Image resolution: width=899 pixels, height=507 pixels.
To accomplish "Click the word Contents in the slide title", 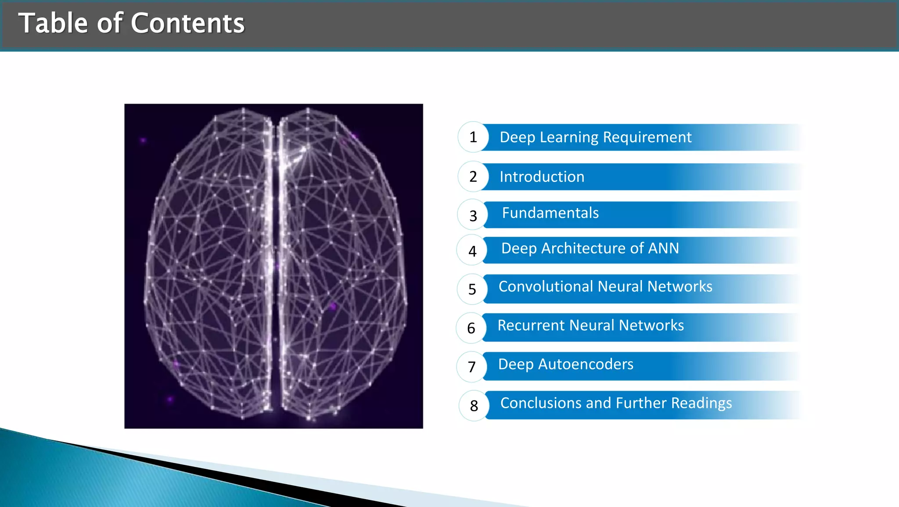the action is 187,23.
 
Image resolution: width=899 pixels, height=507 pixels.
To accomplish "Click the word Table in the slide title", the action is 53,23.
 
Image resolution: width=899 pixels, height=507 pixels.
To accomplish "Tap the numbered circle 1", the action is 473,137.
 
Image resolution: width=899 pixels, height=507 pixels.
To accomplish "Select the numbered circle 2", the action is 473,176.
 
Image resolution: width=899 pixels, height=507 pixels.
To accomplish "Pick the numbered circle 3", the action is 473,215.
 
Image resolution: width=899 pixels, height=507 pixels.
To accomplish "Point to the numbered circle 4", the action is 472,251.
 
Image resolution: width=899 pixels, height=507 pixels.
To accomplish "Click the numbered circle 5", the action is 472,289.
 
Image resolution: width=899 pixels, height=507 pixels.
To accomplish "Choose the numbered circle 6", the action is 471,328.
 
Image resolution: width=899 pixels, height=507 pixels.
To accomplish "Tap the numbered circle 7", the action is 472,367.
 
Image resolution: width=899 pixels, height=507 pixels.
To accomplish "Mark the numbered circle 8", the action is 474,406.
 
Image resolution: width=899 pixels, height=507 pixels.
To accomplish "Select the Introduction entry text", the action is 542,177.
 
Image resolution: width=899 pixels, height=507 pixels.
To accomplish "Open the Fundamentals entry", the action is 550,213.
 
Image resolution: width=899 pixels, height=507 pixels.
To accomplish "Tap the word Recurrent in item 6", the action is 531,326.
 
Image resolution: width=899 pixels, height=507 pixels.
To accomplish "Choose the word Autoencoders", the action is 586,364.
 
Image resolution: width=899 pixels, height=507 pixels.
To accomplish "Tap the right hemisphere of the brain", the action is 342,263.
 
